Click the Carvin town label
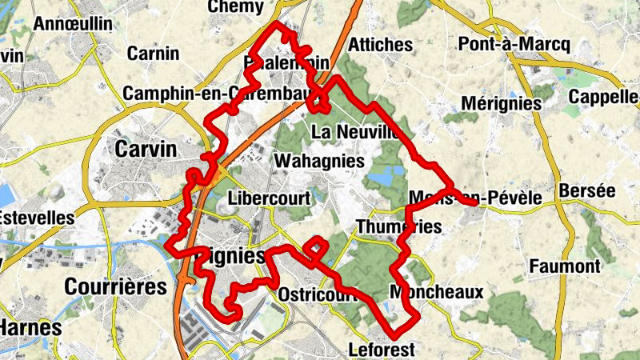146,149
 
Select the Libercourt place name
268,198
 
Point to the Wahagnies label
319,161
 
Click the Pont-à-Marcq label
514,44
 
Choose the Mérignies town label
502,103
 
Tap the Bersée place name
588,191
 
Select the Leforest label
382,350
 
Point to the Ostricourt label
318,294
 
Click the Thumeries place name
398,226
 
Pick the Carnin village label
153,54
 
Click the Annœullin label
73,24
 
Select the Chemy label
235,7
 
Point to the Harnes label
30,327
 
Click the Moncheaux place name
437,292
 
